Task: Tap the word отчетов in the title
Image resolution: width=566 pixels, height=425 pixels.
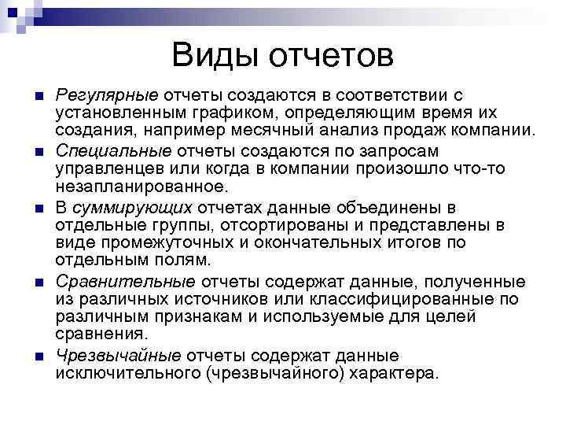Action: click(331, 57)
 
